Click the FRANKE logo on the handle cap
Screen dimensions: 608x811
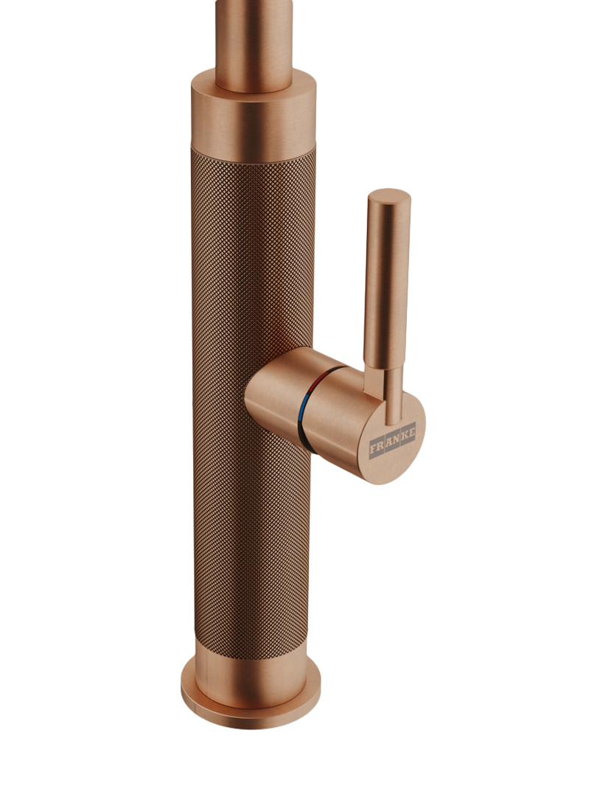click(392, 439)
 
